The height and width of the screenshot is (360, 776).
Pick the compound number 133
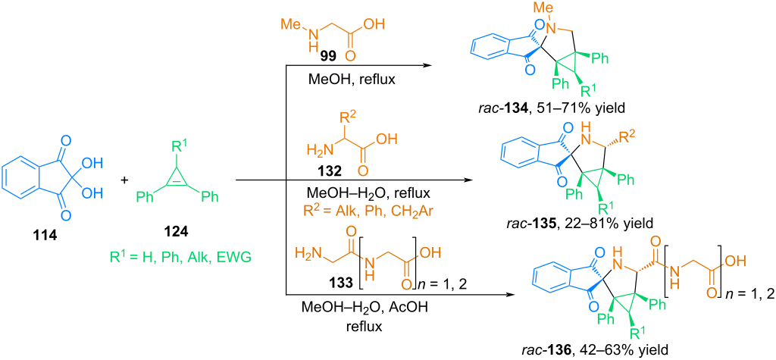click(x=326, y=283)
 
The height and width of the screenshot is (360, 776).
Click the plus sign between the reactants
click(x=124, y=180)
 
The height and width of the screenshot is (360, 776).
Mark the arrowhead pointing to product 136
click(x=507, y=296)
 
